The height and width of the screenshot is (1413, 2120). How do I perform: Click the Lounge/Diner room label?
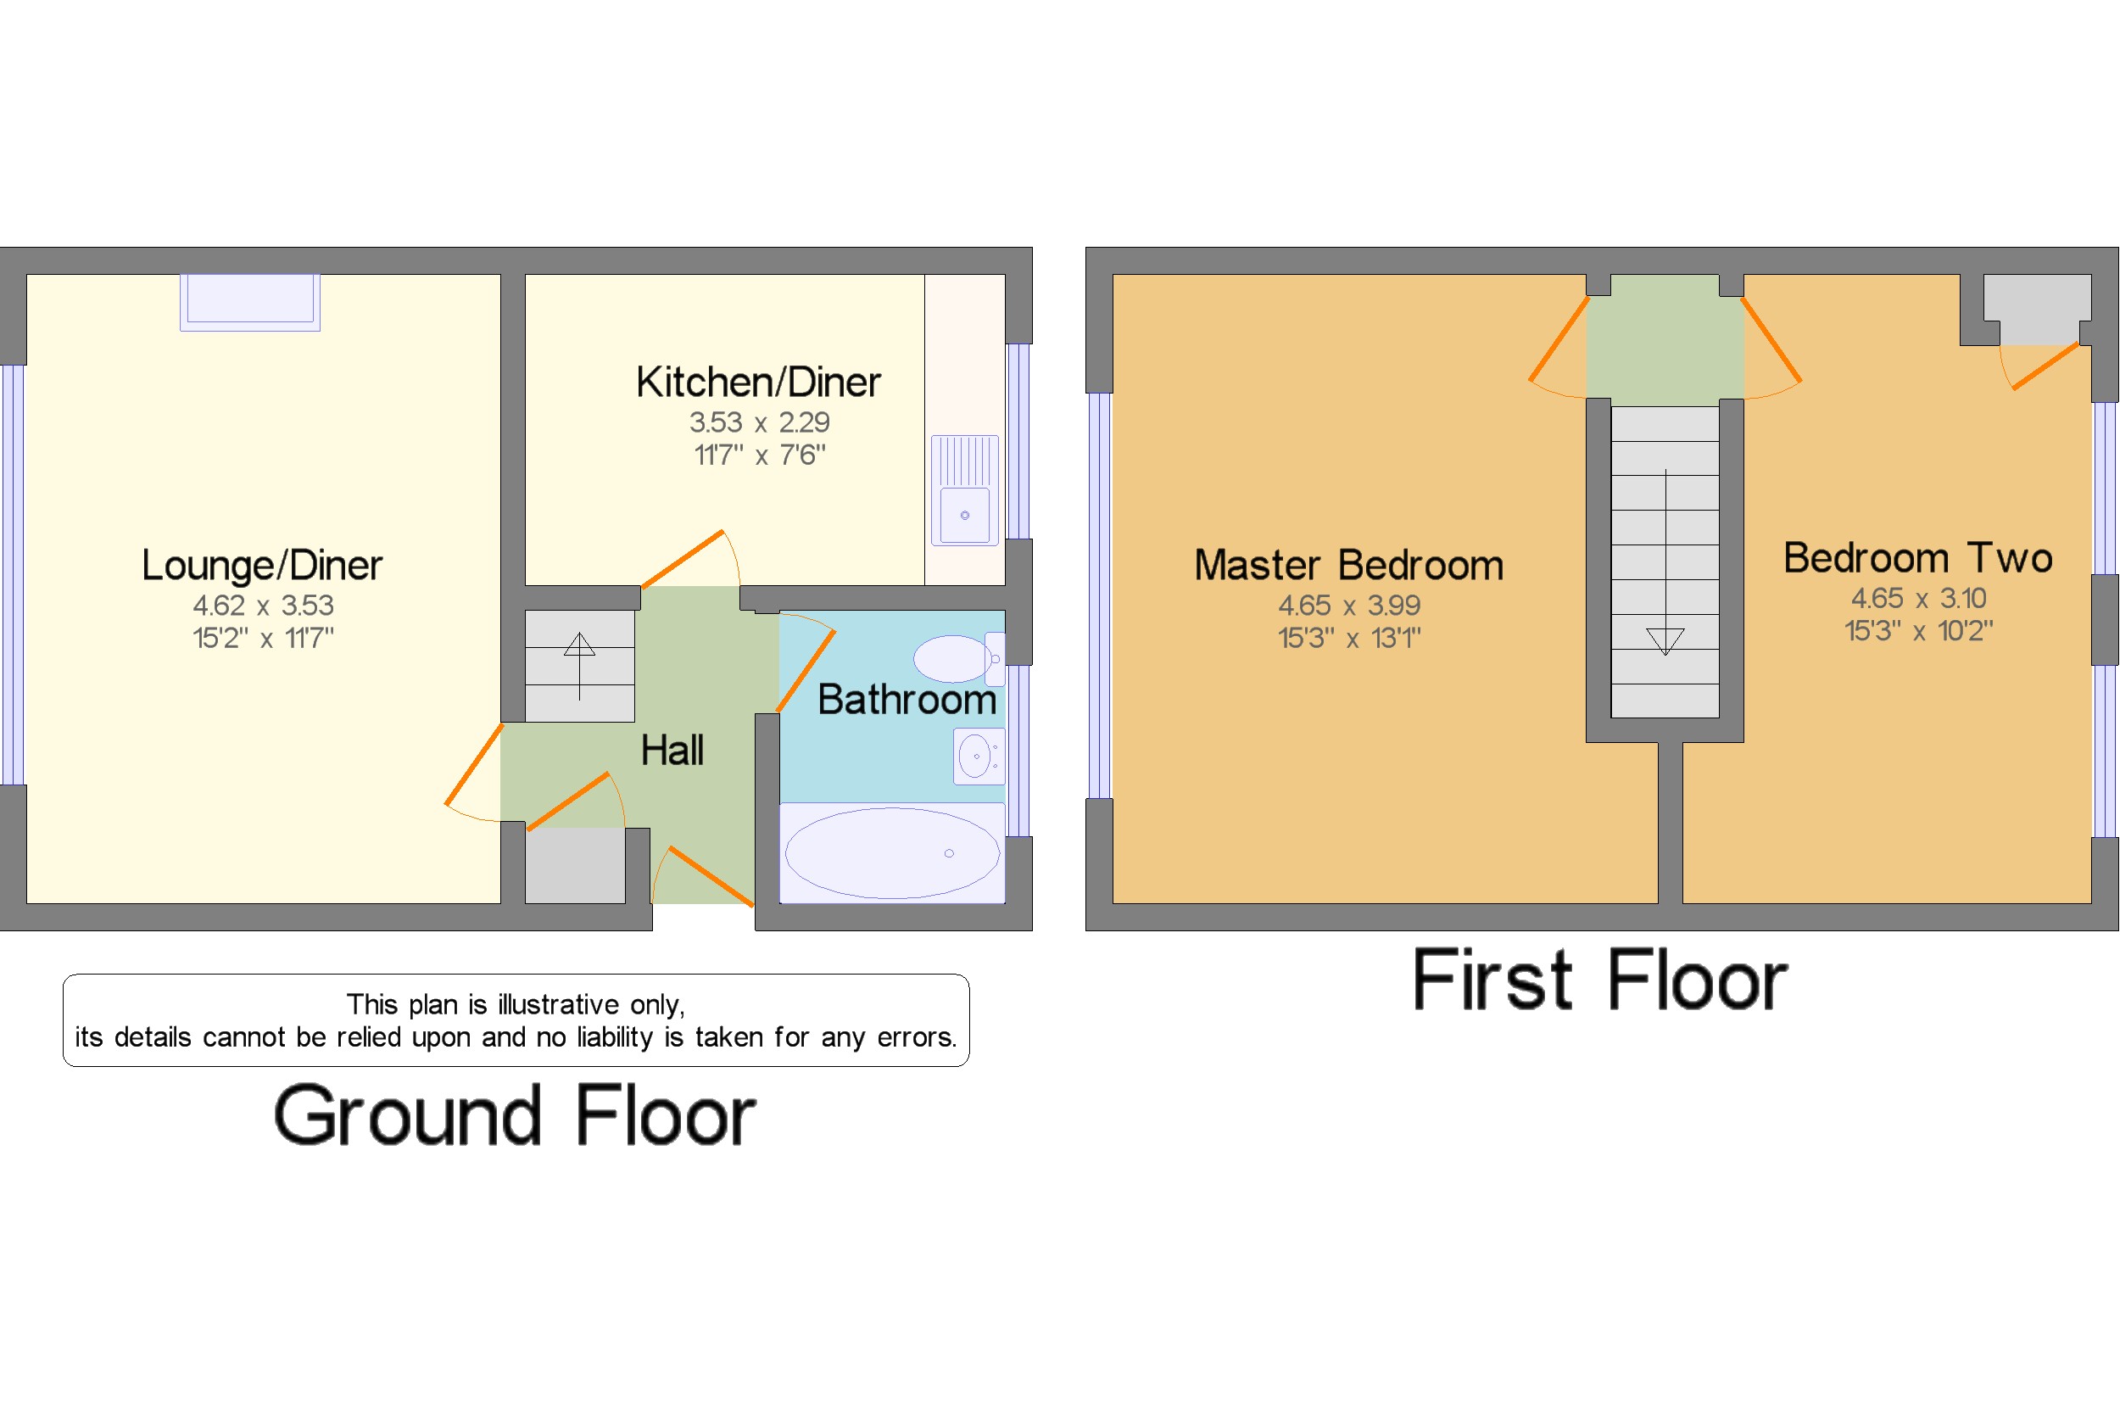[x=261, y=565]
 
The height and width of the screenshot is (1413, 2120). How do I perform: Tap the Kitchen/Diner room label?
[x=758, y=382]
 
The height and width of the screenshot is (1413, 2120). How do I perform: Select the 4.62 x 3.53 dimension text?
[x=262, y=605]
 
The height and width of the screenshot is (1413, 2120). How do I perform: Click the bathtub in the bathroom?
[x=891, y=852]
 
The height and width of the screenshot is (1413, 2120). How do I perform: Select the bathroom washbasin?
[x=977, y=755]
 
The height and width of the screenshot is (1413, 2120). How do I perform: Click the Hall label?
[x=672, y=750]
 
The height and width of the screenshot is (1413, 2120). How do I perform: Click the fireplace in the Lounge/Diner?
[x=249, y=301]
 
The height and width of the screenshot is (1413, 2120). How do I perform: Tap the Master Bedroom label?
[x=1347, y=565]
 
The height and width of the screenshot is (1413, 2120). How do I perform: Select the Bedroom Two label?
[x=1917, y=558]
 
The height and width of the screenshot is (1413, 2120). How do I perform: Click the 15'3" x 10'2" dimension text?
[x=1917, y=631]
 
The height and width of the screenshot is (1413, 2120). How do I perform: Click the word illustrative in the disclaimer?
[x=558, y=1004]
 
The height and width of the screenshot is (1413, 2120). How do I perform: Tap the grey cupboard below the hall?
[x=574, y=865]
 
